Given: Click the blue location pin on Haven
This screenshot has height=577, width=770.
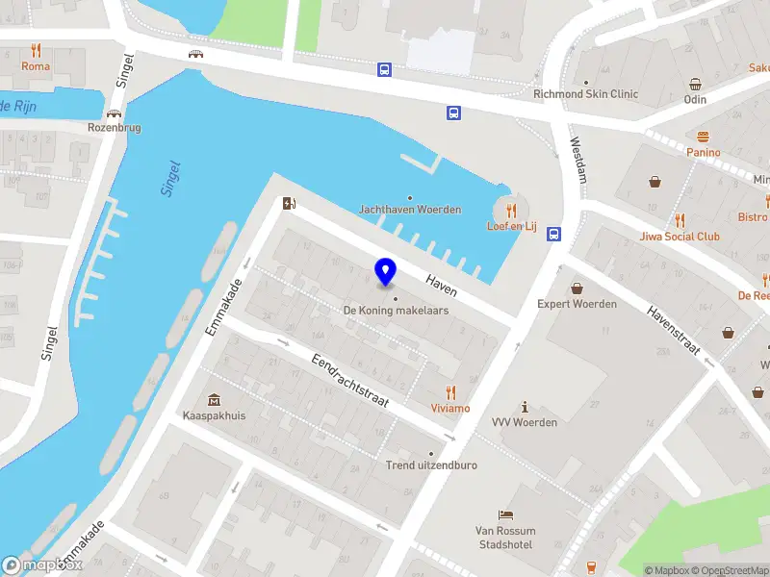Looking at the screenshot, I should pos(386,272).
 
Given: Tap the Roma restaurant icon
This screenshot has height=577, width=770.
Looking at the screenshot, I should pos(37,50).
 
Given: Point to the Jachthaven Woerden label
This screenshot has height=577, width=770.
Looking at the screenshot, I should pos(410,209).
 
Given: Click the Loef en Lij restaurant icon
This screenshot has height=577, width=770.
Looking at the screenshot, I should pos(511,211).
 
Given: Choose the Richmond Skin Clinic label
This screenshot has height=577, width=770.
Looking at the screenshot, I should pos(585,94).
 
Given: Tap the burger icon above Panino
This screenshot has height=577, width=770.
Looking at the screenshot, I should pos(704,137).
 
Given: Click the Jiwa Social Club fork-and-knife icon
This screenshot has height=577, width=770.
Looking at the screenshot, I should pos(680,220).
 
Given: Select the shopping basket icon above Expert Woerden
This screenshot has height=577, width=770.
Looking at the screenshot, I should pos(577,288).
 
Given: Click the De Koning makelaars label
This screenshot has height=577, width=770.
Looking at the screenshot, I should pos(396,311).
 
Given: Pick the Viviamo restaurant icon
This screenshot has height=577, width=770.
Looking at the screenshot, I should pos(450,391).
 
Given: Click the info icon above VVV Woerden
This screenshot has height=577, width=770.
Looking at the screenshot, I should pos(525,407).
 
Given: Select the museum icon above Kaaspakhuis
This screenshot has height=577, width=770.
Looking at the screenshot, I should pos(213,400).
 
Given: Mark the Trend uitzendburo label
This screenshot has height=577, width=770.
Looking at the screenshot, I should pos(431,464).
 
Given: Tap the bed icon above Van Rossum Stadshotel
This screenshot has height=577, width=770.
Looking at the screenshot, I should pos(505,515).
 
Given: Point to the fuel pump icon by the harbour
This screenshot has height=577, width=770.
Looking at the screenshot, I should pos(286,203).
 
